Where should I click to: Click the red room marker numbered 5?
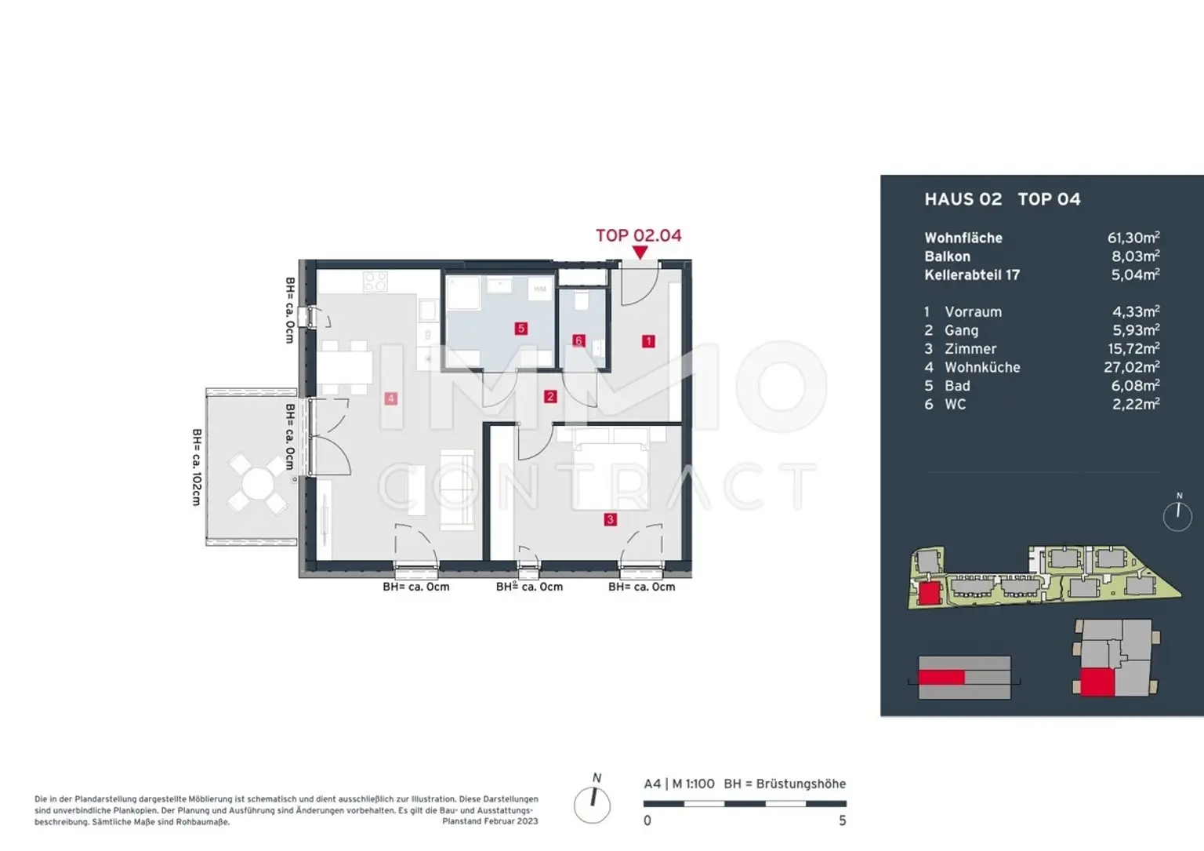click(x=520, y=328)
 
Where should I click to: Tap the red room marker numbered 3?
click(x=610, y=519)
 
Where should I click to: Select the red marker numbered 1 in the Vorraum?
click(x=648, y=341)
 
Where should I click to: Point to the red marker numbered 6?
click(x=578, y=340)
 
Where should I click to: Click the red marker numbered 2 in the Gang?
click(x=549, y=396)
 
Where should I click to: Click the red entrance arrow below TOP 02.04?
click(x=640, y=253)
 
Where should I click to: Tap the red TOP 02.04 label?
click(x=639, y=235)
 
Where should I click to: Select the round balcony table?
click(x=257, y=484)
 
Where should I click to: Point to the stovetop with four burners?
click(x=375, y=282)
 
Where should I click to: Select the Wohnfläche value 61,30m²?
click(x=1133, y=237)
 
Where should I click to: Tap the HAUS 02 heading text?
click(x=963, y=199)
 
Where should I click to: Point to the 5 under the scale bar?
click(x=843, y=821)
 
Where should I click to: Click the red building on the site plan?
click(x=930, y=593)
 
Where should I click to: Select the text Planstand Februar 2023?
click(x=490, y=821)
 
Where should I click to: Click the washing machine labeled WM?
click(x=539, y=289)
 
